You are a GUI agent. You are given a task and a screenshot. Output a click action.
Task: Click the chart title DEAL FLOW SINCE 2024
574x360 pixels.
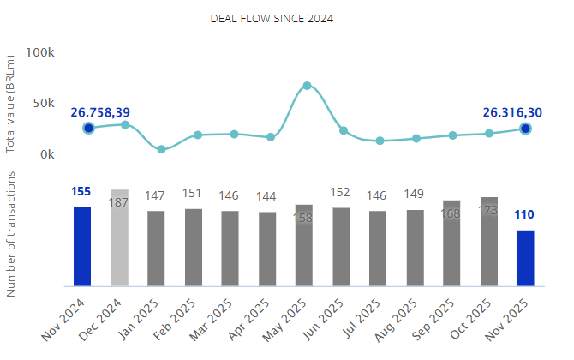point(272,18)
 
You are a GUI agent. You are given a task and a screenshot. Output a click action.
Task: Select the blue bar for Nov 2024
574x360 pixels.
point(82,246)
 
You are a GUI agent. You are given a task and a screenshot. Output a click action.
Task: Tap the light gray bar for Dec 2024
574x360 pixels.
point(119,237)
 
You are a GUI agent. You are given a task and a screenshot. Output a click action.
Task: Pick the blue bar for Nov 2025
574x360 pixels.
point(525,257)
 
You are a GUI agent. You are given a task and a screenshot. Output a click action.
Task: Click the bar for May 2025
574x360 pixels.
point(304,245)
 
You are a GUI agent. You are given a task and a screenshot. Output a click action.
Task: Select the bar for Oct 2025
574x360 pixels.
point(489,242)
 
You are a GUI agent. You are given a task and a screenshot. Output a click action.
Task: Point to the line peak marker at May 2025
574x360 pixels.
point(307,86)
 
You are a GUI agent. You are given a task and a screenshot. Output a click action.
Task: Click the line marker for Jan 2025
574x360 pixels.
point(161,149)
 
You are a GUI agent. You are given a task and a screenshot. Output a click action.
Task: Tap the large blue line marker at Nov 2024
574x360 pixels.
point(88,129)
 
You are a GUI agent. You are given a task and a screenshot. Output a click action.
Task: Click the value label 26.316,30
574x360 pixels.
point(512,112)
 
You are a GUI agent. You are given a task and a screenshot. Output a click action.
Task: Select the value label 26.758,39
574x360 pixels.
point(100,112)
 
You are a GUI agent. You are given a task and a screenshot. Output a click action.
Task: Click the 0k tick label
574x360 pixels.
point(46,154)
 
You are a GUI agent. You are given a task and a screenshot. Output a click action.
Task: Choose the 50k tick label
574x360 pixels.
point(44,104)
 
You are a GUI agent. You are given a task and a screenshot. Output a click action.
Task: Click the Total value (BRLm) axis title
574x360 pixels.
point(11,103)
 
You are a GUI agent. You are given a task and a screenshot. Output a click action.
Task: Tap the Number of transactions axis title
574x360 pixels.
point(11,233)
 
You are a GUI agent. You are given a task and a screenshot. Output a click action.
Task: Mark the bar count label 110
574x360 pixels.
point(524,214)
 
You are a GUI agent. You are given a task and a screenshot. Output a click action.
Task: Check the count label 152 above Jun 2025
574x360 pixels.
point(340,193)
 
